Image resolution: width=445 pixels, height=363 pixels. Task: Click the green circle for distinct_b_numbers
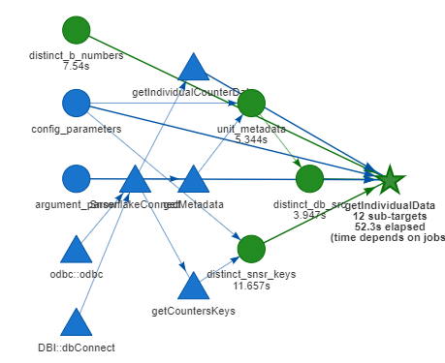tap(76, 30)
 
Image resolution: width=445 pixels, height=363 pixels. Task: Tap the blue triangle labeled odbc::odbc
tap(76, 250)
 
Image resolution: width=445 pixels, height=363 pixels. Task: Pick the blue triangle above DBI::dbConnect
tap(76, 322)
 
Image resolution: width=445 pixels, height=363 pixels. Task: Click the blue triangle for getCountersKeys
tap(193, 286)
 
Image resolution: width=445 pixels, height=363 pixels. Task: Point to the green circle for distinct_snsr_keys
tap(251, 249)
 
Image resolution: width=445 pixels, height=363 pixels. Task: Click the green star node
tap(390, 179)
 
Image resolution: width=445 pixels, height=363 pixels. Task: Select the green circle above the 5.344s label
tap(251, 103)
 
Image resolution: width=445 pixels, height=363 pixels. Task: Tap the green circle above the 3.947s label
tap(309, 178)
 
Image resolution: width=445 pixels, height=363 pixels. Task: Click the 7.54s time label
tap(76, 67)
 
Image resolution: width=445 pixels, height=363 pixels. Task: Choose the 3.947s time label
tap(309, 215)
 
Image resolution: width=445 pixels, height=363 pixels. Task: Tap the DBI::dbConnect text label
tap(76, 347)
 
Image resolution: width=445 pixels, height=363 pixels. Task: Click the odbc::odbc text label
tap(76, 275)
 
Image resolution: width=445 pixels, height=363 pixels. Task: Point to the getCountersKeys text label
tap(193, 311)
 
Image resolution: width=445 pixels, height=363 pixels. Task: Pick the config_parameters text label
tap(76, 129)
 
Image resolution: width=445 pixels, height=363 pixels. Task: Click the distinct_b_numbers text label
tap(76, 56)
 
